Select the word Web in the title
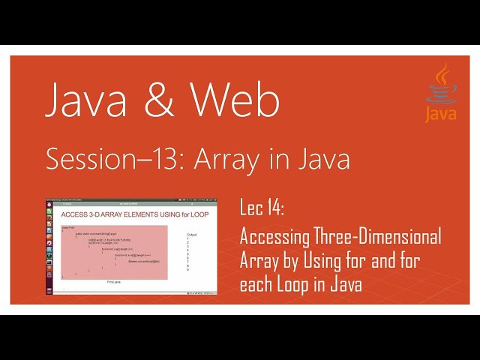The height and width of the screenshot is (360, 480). point(234,100)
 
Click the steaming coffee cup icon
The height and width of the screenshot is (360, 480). point(441,85)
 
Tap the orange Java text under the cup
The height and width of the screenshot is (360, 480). point(441,114)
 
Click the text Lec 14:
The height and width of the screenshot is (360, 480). point(262,207)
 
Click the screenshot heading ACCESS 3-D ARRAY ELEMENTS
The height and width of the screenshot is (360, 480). point(105,216)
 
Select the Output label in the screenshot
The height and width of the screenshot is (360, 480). point(193,235)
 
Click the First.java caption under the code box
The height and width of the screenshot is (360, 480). point(115,282)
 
